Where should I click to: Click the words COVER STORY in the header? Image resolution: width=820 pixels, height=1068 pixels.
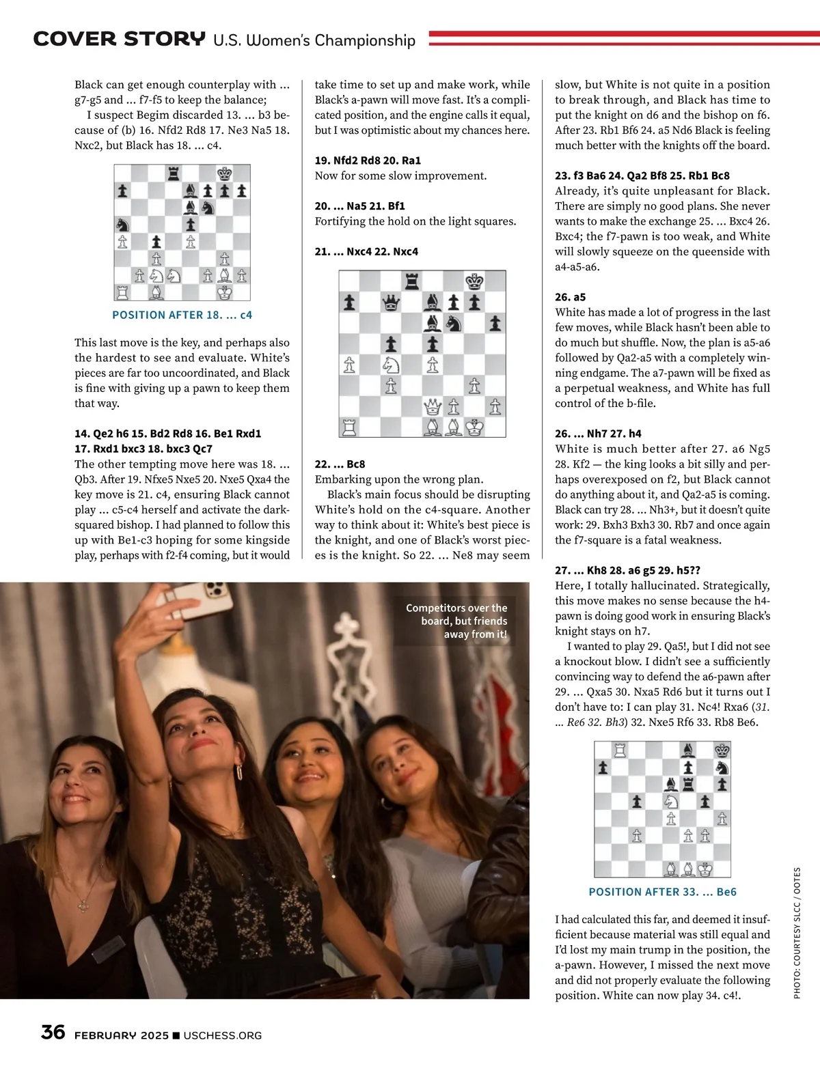119,39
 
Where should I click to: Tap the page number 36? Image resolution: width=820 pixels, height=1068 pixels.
53,1032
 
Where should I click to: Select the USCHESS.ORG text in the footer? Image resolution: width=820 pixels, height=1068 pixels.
223,1035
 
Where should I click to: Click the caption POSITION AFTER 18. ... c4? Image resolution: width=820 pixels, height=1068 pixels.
182,315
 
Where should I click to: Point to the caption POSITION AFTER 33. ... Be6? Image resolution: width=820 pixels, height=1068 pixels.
662,892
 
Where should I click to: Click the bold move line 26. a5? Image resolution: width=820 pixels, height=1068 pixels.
570,297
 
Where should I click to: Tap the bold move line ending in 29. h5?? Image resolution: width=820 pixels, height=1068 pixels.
627,570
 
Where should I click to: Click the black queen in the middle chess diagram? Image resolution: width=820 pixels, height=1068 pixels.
390,302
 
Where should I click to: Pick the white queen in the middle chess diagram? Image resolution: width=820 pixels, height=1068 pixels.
433,408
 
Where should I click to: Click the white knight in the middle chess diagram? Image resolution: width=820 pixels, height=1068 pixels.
391,365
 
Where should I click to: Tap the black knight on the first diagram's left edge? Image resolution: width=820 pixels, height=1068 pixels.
122,224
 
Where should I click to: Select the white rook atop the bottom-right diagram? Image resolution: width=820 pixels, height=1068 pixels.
620,750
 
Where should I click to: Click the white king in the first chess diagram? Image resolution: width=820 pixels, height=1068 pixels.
224,292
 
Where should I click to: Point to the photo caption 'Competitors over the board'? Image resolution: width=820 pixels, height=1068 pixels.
456,621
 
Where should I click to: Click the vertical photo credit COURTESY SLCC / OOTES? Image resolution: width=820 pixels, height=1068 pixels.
797,933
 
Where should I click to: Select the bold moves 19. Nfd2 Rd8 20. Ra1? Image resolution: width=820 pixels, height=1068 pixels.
368,160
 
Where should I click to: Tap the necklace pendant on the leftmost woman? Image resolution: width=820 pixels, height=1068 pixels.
83,905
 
